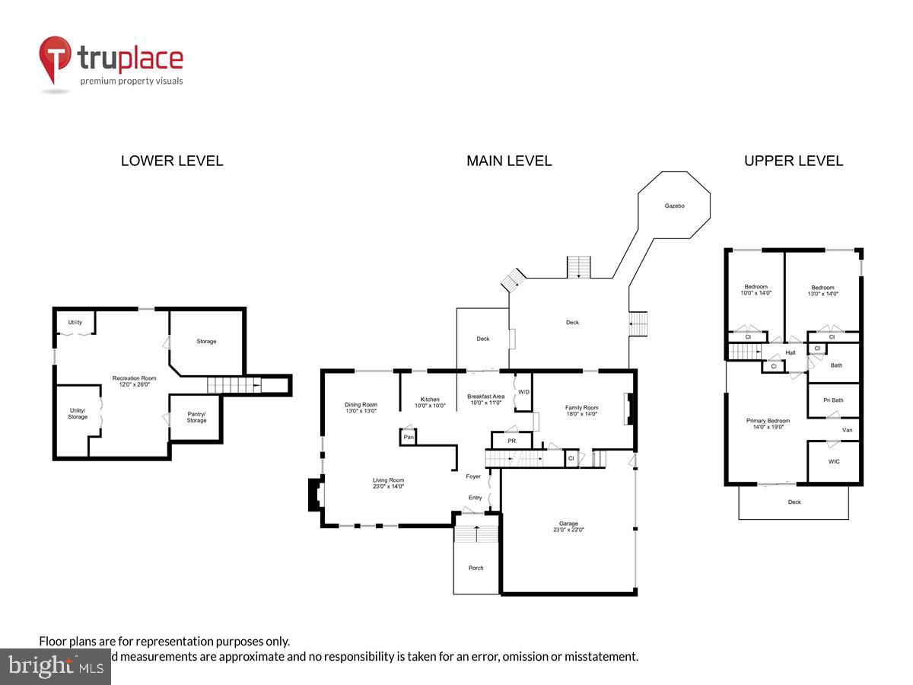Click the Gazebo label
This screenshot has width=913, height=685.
tap(675, 206)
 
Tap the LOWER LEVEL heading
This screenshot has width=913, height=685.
tap(172, 161)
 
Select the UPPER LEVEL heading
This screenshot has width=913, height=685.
tap(794, 161)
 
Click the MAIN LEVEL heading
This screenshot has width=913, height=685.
tap(509, 161)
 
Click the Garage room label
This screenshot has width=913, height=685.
tap(568, 524)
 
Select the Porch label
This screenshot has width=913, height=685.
tap(476, 568)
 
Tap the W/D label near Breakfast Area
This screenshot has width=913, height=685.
tap(523, 392)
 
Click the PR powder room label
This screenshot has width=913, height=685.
tap(511, 441)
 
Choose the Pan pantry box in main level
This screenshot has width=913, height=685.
tap(409, 437)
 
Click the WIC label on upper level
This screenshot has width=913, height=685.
tap(834, 462)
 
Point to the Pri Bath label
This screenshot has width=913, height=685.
tap(833, 400)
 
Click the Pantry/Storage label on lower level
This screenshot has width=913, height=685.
tap(196, 417)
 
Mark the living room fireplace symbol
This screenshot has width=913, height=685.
tap(313, 495)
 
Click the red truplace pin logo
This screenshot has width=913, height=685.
tap(55, 58)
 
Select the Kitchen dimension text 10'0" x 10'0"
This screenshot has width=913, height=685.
tap(429, 406)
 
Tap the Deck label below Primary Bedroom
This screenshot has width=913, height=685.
tap(794, 502)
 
